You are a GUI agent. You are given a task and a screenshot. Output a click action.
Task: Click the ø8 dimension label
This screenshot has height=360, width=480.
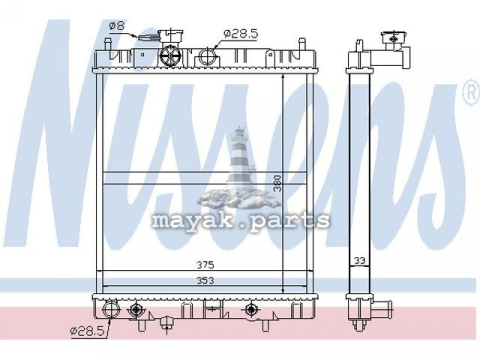117,26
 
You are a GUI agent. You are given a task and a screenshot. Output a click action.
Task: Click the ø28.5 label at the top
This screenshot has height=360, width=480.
241,33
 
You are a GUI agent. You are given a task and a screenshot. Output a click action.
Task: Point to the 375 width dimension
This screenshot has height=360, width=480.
205,265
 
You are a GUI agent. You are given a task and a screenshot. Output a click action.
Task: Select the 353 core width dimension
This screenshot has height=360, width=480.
205,280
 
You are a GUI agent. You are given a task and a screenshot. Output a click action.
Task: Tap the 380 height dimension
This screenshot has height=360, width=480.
277,183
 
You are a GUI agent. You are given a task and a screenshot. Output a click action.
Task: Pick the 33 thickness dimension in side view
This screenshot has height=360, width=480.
359,261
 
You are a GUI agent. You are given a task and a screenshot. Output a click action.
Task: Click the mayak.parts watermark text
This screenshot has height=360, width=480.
241,220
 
